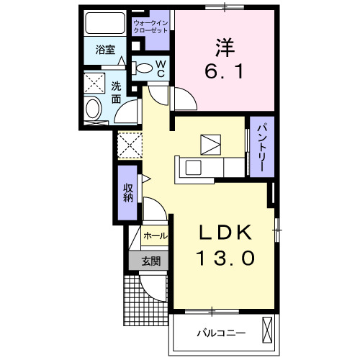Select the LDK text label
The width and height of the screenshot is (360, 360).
[225, 233]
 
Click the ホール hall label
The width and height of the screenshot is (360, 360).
[155, 236]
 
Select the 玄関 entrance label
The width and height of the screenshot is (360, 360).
[150, 261]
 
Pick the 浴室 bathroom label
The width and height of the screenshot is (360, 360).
[105, 50]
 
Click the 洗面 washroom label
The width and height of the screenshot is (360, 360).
[116, 91]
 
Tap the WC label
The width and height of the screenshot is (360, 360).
[161, 68]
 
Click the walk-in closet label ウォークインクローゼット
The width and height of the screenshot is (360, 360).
[150, 27]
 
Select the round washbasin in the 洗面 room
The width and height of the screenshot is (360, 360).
[94, 111]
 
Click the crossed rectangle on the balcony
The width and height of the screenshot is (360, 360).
[269, 332]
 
